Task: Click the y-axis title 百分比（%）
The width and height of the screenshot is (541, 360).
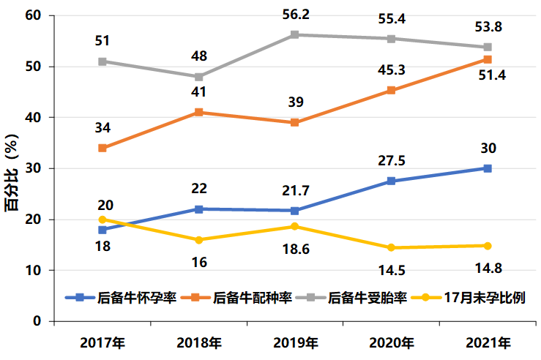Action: tap(12, 168)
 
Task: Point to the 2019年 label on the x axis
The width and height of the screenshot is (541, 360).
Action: tap(295, 342)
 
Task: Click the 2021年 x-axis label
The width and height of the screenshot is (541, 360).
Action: tap(488, 342)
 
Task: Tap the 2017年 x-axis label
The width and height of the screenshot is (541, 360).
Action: tap(102, 342)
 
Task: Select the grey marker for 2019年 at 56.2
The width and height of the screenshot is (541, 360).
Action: tap(295, 34)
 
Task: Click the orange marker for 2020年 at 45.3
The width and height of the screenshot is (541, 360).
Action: tap(392, 90)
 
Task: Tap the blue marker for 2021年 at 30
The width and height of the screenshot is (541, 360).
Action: tap(488, 168)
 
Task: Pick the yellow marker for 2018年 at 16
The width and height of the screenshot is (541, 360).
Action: tap(198, 240)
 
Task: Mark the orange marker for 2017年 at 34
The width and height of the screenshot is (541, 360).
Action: tap(102, 148)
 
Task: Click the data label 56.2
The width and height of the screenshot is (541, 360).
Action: tap(295, 15)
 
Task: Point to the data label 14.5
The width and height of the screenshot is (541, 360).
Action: tap(392, 269)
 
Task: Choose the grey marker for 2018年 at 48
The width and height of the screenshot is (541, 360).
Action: tap(198, 76)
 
